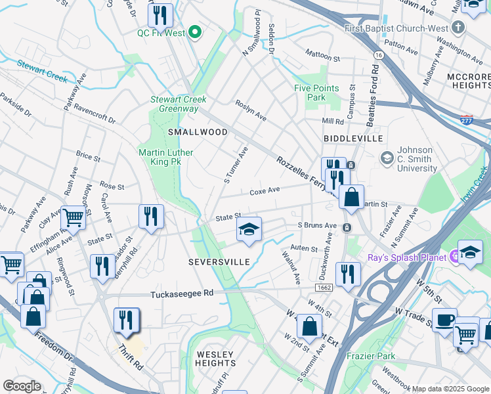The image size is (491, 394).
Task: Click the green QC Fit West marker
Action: [x=194, y=32]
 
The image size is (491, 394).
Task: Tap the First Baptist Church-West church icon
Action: [x=459, y=28]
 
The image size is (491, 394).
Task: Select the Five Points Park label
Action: [x=316, y=93]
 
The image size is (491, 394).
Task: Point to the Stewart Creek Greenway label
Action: [x=179, y=104]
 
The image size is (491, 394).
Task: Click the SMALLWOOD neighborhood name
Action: [x=198, y=132]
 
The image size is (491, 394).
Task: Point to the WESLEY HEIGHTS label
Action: [x=215, y=359]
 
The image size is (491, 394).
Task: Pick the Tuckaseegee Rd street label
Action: [x=182, y=294]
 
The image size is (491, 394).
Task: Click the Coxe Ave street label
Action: [x=265, y=191]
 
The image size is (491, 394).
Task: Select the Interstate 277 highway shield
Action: [x=466, y=120]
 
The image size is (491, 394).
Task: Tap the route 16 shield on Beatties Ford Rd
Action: [x=379, y=57]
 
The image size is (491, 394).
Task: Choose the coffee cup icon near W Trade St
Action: [x=444, y=320]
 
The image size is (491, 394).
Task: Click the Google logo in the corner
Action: [x=22, y=385]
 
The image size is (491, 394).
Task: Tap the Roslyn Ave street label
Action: [x=251, y=110]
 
